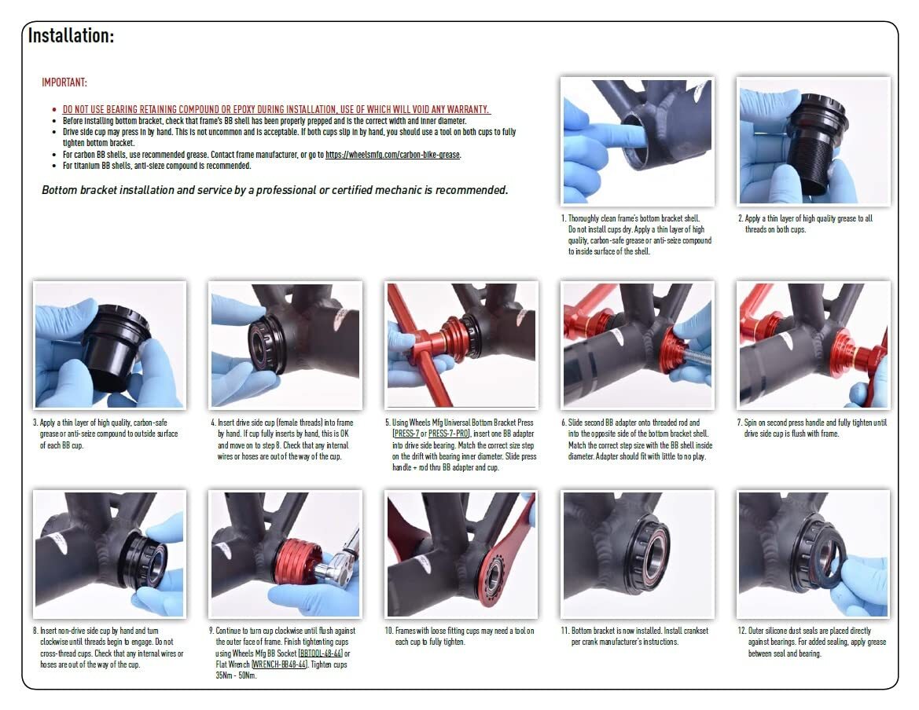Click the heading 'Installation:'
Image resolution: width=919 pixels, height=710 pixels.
(71, 35)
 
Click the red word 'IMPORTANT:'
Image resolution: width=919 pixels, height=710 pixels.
(64, 82)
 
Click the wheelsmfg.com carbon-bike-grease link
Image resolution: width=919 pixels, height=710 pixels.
(392, 155)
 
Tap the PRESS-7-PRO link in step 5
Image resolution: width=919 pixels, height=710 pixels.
(449, 433)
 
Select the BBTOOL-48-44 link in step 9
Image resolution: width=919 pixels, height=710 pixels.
(320, 653)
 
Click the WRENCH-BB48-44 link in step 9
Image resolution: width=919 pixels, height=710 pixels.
(278, 664)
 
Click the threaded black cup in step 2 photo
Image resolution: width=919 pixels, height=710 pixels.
(817, 145)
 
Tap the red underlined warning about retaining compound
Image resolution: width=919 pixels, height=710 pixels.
(275, 109)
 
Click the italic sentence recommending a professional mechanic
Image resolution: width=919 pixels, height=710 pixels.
(274, 190)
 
